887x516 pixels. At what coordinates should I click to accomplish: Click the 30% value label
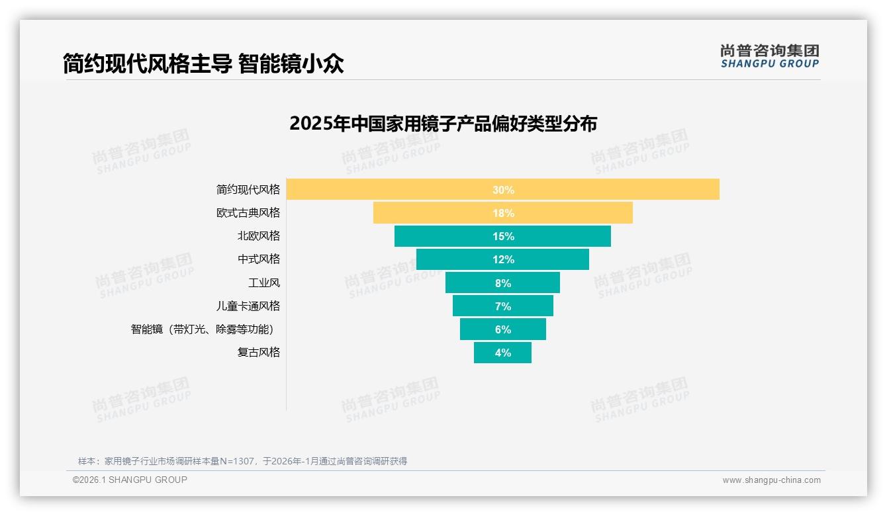[x=503, y=190]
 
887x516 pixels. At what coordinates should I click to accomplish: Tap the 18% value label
[x=503, y=213]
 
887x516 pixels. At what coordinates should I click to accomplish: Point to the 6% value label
[x=503, y=329]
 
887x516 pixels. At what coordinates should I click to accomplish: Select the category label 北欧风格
[x=259, y=236]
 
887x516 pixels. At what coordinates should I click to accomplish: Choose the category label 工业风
[x=264, y=282]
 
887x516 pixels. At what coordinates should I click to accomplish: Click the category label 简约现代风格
[x=248, y=190]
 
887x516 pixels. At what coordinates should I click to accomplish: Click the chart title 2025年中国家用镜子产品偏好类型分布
[x=443, y=124]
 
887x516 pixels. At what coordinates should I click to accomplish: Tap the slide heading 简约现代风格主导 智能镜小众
[x=203, y=64]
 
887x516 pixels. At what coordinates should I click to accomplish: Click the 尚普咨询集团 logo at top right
[x=769, y=56]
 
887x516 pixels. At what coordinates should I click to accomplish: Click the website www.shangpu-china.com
[x=771, y=480]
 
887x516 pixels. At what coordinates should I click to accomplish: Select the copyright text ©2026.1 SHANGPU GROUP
[x=130, y=480]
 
